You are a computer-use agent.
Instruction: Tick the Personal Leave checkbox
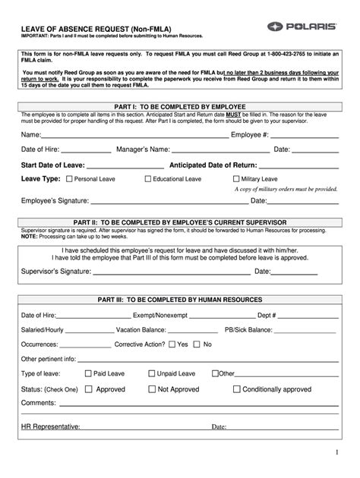pos(70,179)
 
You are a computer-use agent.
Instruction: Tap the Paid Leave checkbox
pos(87,373)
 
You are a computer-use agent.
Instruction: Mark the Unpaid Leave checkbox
pos(152,373)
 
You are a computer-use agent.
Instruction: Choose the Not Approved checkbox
pos(152,389)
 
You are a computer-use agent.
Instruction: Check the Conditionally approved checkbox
pos(236,389)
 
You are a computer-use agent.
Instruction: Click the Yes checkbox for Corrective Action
pos(172,344)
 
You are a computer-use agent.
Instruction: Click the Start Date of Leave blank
pos(125,167)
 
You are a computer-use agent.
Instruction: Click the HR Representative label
pos(51,426)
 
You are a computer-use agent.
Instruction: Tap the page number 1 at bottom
pos(335,453)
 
